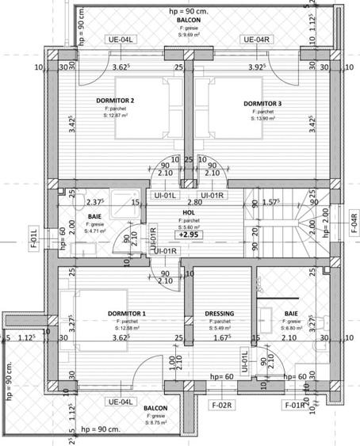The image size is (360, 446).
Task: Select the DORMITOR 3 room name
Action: coord(262,104)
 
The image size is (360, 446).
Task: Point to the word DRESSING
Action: coord(220,314)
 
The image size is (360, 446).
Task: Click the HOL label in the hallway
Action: coord(188,212)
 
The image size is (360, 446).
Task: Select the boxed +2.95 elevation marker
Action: coord(189,235)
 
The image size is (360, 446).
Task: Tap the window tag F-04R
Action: coord(354,219)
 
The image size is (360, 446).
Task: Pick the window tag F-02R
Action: coord(220,406)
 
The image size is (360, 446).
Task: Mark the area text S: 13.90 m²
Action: coord(262,119)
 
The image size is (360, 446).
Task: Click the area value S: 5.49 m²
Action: coord(220,328)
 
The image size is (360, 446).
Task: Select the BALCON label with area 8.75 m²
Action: coord(155,410)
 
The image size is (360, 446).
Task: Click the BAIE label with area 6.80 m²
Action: coord(292,314)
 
